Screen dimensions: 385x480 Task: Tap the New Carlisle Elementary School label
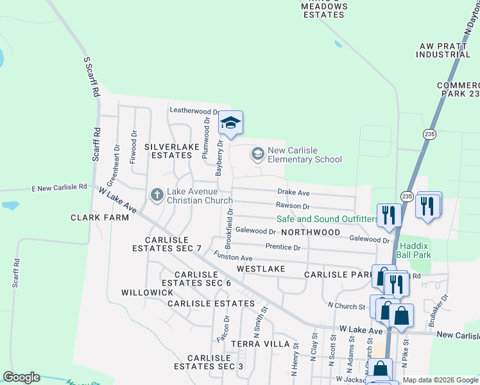point(300,155)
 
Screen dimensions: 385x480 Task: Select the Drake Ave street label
point(293,193)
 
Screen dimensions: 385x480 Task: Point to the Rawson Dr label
point(293,206)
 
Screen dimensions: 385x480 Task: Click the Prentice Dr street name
point(283,247)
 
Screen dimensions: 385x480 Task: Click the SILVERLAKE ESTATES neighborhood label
point(169,151)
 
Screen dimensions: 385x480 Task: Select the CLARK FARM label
point(99,218)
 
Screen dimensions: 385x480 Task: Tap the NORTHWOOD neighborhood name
point(310,232)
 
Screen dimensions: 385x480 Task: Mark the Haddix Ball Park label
point(415,250)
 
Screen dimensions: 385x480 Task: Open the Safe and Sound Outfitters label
point(327,219)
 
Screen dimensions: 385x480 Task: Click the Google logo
point(21,377)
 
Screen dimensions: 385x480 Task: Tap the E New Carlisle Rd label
point(59,187)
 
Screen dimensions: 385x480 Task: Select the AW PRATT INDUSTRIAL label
point(443,51)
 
